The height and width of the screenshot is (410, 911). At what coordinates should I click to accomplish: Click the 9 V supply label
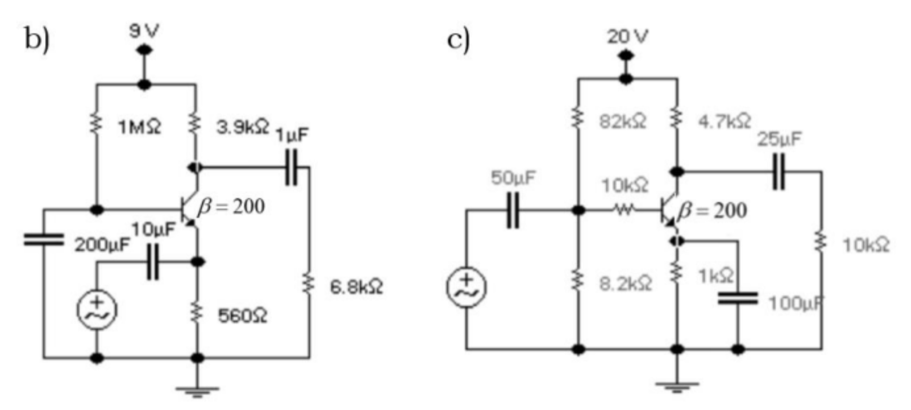(x=144, y=30)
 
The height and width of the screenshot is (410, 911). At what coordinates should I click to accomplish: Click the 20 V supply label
(x=627, y=37)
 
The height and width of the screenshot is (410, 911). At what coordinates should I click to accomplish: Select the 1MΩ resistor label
(x=139, y=128)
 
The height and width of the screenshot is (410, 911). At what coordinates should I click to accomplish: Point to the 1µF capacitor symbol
(x=291, y=167)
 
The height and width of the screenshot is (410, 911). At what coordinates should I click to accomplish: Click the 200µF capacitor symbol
(x=43, y=239)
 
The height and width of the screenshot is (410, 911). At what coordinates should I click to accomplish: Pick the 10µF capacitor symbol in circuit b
(x=152, y=262)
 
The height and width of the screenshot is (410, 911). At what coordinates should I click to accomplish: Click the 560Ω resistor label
(x=243, y=316)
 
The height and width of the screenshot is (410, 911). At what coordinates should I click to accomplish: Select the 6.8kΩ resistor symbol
(x=309, y=282)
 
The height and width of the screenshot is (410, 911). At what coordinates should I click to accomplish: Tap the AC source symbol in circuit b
(x=97, y=310)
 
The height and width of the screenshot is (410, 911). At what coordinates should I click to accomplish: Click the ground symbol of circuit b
(x=197, y=390)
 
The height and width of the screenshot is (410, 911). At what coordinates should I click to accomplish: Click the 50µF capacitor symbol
(x=513, y=211)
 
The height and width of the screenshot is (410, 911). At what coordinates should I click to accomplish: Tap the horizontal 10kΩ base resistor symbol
(x=624, y=210)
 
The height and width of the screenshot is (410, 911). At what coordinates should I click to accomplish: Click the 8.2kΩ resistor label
(x=625, y=283)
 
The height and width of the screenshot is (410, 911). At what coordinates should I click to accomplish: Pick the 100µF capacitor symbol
(x=737, y=298)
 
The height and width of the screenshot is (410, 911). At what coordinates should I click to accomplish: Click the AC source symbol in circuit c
(x=466, y=287)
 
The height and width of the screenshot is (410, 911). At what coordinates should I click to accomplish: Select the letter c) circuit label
(x=458, y=40)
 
